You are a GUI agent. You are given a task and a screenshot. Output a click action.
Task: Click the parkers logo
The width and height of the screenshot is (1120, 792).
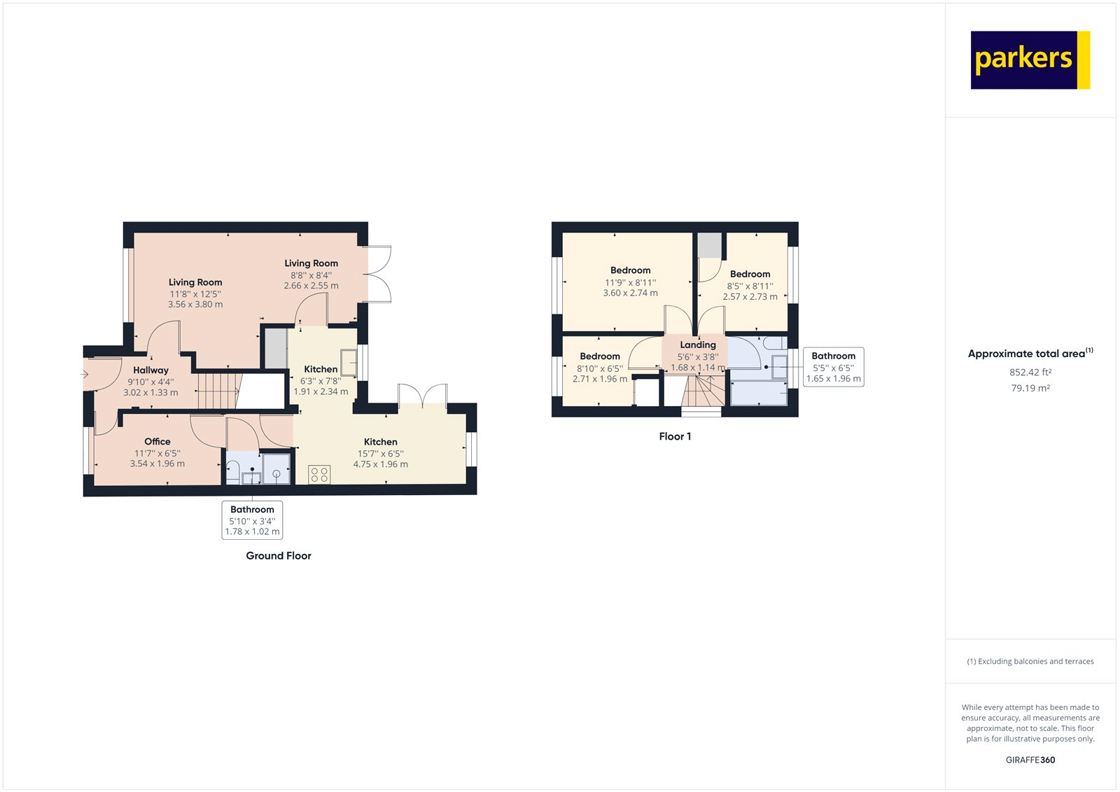1030,60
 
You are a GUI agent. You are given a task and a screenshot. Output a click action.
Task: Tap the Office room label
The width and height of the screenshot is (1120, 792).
157,441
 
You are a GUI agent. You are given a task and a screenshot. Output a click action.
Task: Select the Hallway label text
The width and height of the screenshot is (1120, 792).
150,370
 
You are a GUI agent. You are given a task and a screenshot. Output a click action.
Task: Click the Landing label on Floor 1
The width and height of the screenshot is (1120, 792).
698,345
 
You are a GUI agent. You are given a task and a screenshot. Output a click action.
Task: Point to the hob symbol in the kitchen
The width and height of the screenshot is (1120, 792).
319,475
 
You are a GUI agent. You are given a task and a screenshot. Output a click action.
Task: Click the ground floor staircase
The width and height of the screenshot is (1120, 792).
218,390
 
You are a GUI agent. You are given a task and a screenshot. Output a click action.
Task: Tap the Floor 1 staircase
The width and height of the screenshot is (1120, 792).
703,391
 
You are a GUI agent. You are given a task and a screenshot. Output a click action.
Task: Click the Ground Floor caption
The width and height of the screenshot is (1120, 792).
279,555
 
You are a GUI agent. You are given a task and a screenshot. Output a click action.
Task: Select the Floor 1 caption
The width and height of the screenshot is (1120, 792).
675,436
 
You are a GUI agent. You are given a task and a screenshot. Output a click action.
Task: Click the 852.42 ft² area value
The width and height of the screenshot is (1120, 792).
1030,373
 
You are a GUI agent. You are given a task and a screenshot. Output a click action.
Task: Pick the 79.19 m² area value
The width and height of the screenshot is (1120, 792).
1030,388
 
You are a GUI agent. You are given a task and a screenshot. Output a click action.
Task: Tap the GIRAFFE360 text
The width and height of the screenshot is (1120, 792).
1030,760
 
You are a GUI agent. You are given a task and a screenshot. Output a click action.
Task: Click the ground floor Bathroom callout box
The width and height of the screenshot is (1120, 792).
252,520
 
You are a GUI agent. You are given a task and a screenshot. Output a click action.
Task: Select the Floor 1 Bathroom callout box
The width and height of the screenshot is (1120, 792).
833,367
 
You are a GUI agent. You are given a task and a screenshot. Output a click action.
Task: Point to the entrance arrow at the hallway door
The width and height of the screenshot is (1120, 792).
85,375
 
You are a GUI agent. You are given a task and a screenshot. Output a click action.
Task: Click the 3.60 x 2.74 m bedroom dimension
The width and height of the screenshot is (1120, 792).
630,293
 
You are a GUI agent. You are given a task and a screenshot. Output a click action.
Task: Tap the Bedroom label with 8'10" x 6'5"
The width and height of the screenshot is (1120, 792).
600,356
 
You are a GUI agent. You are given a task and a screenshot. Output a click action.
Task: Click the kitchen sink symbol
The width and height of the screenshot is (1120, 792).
349,363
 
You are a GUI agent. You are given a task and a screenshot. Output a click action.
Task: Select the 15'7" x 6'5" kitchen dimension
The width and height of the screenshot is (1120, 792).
380,454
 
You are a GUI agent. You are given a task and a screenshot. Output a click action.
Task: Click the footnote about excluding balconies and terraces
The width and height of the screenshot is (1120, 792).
1030,661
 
